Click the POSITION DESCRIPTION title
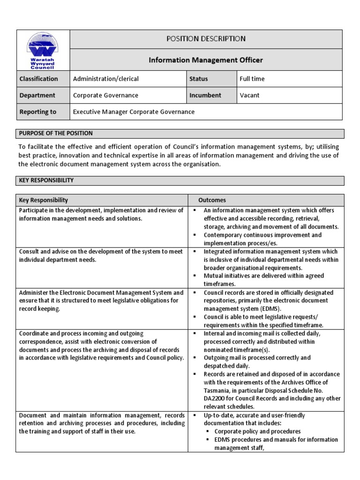206,39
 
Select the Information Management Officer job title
206,60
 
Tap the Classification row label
38,79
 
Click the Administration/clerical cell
105,79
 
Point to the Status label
198,79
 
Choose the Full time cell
252,79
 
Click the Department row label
37,95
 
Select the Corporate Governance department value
105,95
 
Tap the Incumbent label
205,95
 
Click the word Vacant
249,95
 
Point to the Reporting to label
37,112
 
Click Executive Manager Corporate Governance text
134,112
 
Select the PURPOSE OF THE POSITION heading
56,134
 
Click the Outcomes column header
212,200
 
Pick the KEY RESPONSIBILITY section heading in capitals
46,180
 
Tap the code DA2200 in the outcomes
214,398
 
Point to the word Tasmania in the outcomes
217,390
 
